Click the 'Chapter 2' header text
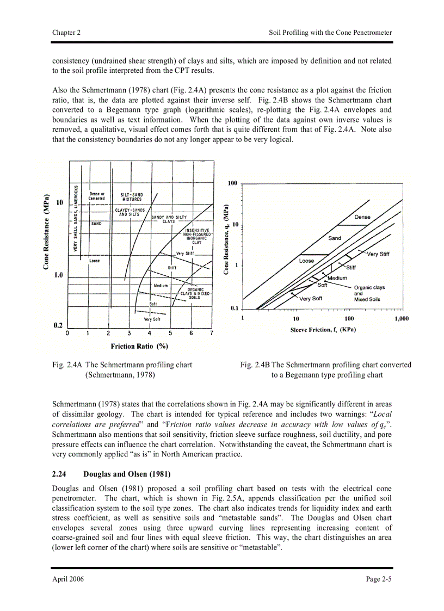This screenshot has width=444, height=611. pos(66,33)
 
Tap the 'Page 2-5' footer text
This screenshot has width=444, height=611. pos(378,579)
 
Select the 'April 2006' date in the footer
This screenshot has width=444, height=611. pos(68,579)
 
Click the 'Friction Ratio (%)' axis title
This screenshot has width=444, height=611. pos(139,346)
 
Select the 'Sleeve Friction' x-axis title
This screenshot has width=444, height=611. pos(323,330)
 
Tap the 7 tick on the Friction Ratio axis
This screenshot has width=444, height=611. pos(212,333)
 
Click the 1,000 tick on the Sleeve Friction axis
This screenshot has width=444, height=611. pos(401,319)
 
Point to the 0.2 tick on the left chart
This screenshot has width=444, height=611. pos(58,325)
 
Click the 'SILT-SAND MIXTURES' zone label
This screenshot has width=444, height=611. pos(131,197)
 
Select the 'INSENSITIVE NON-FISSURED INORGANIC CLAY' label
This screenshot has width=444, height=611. pos(196,236)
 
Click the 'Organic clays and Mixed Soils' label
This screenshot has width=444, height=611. pos(369,293)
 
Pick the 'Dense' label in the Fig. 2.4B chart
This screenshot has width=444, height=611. pos(362,217)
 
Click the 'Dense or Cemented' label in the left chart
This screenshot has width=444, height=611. pos(97,196)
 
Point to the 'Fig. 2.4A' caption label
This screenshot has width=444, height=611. pos(67,365)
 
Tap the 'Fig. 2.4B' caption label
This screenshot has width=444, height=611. pos(255,365)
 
